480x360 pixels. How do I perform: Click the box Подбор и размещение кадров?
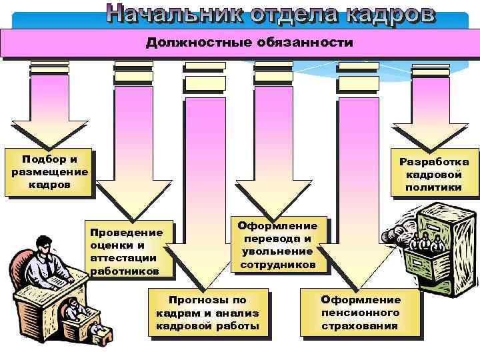(x=49, y=171)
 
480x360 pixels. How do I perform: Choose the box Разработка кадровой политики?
(x=434, y=174)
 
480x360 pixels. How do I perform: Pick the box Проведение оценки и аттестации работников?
(x=127, y=251)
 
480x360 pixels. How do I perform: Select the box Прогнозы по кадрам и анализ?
(x=207, y=313)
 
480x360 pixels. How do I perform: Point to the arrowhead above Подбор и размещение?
(x=49, y=133)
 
